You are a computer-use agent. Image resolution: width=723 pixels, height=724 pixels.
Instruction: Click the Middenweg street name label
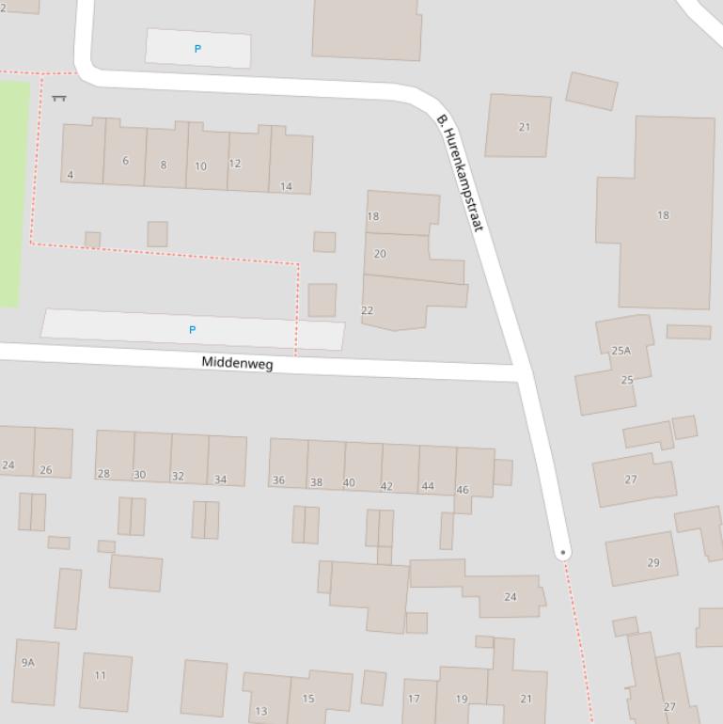point(237,363)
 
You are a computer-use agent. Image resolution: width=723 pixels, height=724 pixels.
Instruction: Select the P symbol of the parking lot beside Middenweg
point(192,330)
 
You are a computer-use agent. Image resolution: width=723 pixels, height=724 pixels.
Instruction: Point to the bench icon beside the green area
point(59,97)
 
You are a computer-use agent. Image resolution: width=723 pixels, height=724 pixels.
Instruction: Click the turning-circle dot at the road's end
point(562,553)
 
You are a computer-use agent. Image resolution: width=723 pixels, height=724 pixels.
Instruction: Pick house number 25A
point(621,351)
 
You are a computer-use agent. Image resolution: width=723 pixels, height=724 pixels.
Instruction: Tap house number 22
point(367,310)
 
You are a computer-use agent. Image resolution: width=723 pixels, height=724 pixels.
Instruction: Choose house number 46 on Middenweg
point(463,490)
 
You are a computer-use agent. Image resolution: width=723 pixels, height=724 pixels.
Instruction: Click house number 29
point(653,563)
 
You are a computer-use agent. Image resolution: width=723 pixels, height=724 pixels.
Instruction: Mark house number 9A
point(27,663)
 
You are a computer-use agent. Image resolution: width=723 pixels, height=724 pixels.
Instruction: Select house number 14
point(286,186)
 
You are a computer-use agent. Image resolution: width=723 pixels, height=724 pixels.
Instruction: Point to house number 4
point(71,175)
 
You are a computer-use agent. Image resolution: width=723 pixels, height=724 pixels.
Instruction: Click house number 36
point(278,480)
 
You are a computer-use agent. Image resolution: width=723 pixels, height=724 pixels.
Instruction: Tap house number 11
point(101,675)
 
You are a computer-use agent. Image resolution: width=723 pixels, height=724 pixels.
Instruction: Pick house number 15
point(308,699)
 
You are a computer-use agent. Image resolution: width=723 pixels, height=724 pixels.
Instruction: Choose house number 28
point(103,474)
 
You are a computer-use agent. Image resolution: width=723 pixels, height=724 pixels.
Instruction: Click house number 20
point(380,254)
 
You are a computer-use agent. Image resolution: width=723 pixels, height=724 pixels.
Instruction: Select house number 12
point(234,164)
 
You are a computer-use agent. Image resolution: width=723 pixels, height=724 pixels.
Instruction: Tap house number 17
point(414,699)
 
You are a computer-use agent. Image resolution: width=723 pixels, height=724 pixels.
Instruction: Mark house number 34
point(220,480)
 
